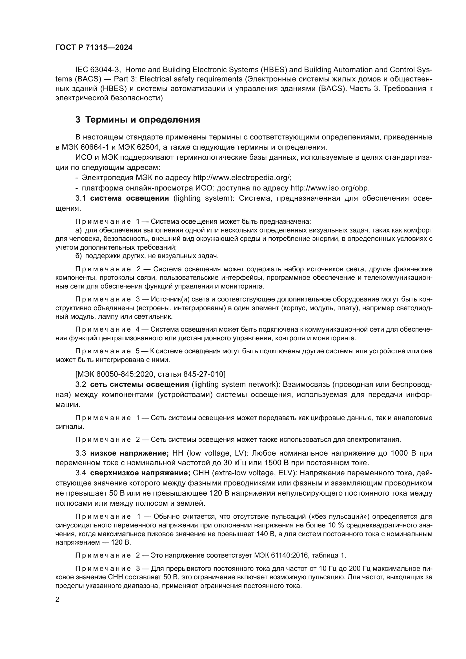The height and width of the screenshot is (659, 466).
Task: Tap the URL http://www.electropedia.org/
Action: pos(242,178)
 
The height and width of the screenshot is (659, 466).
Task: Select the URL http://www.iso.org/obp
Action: pos(330,188)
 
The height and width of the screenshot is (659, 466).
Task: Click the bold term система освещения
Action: pos(129,198)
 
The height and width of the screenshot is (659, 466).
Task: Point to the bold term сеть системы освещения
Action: pos(139,384)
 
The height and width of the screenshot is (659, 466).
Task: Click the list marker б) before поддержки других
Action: pos(79,256)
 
